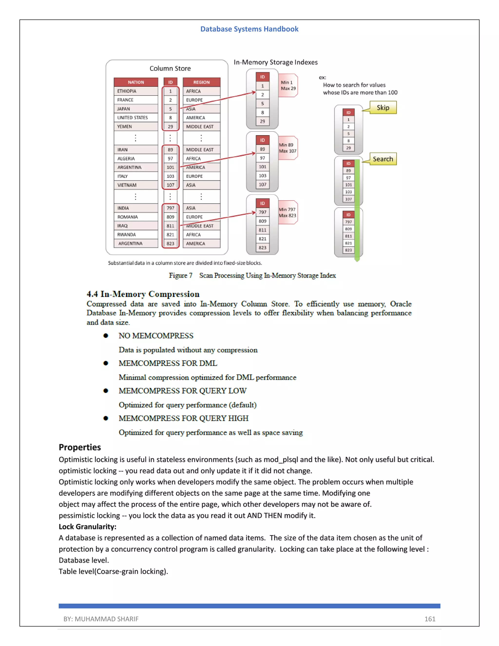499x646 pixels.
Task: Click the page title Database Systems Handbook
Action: point(249,29)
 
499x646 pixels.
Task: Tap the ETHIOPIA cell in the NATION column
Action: point(136,91)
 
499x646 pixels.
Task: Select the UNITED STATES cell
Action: point(136,118)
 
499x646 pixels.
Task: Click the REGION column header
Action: point(201,82)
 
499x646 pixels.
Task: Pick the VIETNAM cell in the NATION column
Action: point(136,185)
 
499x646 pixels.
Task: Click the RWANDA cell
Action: point(136,235)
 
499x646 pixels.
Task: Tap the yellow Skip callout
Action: point(383,108)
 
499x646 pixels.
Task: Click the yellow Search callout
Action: point(383,159)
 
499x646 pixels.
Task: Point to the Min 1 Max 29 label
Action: point(288,86)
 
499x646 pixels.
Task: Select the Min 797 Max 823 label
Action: point(287,212)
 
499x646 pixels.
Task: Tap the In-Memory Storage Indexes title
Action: point(276,62)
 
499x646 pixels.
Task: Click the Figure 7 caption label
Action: point(181,275)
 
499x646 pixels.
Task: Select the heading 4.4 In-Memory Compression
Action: point(143,294)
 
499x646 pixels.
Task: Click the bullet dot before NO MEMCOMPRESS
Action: point(106,336)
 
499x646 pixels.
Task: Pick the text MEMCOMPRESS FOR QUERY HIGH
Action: point(183,418)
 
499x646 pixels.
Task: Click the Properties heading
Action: point(80,447)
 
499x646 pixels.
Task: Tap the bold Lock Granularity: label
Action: point(87,527)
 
